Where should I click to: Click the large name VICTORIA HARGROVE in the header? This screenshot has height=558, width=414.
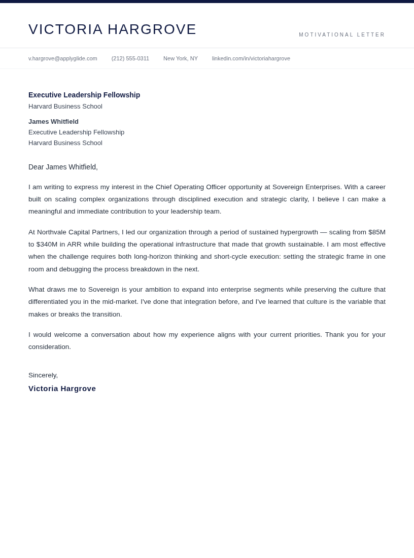(112, 29)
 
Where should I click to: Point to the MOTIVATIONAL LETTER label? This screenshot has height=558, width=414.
(342, 35)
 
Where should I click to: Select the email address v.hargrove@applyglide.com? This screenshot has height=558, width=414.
(63, 58)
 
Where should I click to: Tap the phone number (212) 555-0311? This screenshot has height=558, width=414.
(130, 58)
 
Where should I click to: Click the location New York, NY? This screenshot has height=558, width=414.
(181, 58)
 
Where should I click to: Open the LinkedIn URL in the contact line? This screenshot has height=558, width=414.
(251, 58)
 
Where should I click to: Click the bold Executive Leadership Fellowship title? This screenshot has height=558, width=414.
(84, 95)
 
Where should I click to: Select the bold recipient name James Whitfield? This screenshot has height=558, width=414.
(53, 122)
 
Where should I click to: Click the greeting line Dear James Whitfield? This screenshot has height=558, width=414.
(63, 167)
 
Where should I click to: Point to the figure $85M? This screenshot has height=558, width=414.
(377, 232)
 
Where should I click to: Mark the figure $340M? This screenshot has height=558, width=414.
(47, 245)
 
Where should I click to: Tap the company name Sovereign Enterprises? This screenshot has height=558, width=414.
(307, 187)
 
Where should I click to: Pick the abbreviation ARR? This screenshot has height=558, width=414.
(75, 245)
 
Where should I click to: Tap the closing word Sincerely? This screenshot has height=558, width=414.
(43, 375)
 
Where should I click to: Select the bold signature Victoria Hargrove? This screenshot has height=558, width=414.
(62, 389)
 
